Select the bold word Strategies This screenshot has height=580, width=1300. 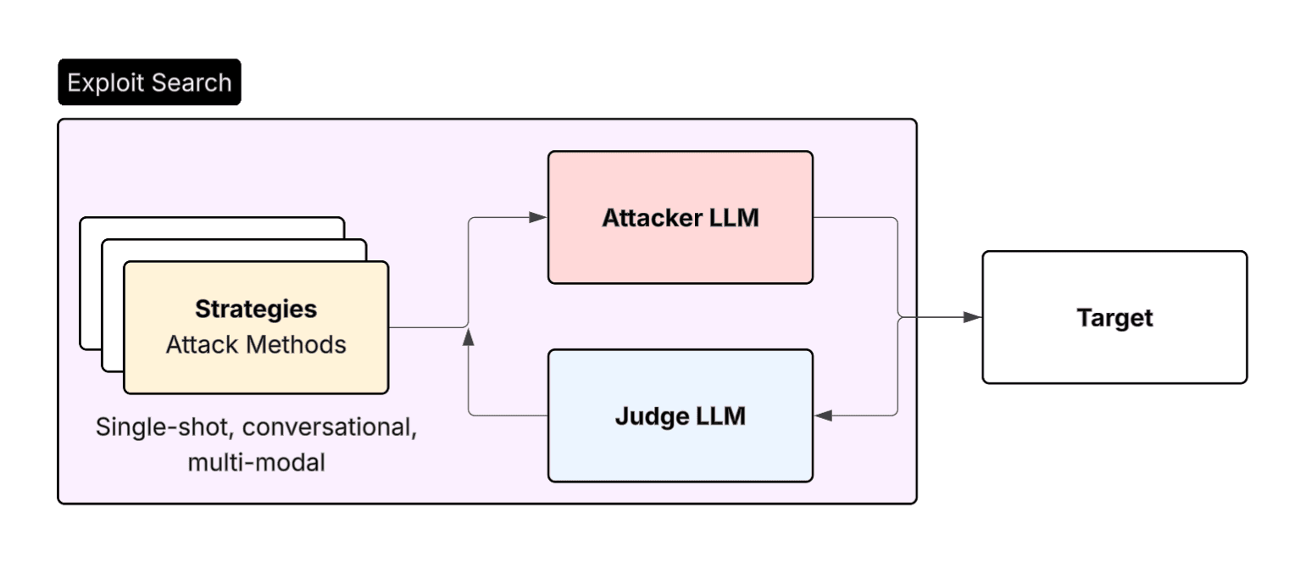coord(256,310)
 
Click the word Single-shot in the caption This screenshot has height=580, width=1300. coord(161,427)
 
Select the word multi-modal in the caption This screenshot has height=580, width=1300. coord(256,463)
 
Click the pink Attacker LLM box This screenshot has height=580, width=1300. coord(680,254)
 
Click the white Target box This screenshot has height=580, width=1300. coord(1114,356)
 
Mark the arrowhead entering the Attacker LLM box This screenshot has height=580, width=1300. coord(538,217)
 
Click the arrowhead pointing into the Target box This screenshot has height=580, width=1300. coord(973,317)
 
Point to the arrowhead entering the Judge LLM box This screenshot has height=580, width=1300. coord(823,415)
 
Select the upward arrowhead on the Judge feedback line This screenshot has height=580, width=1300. coord(469,338)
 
